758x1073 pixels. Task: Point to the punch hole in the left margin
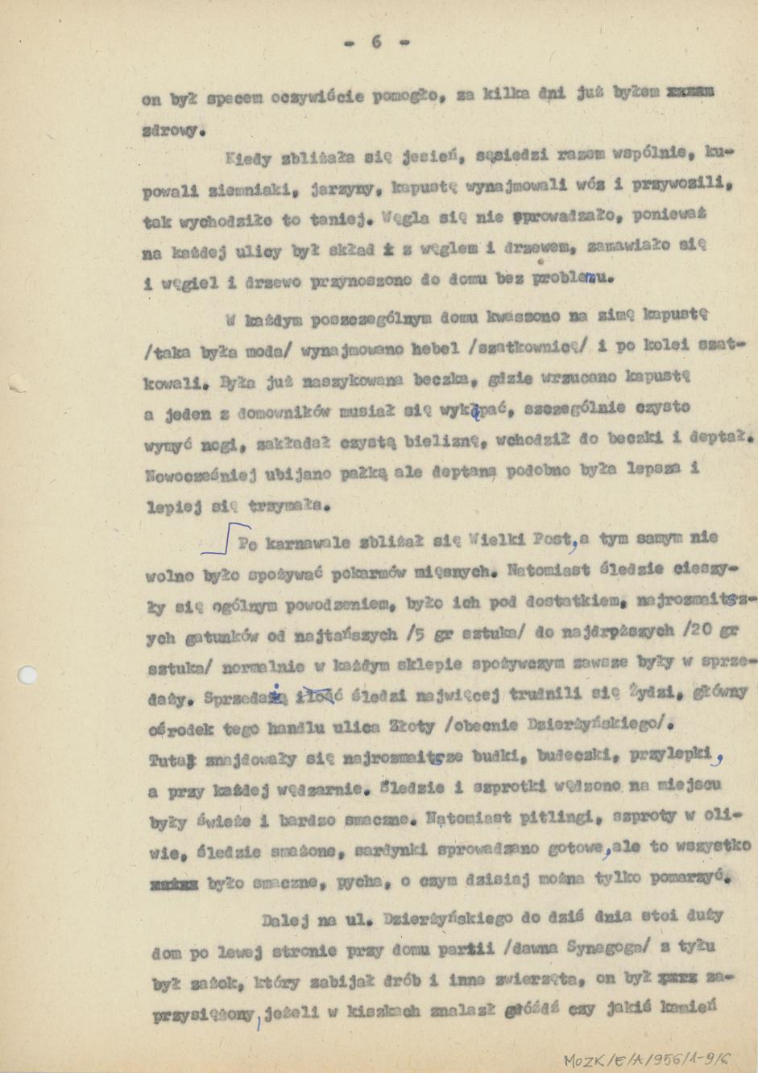click(28, 674)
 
